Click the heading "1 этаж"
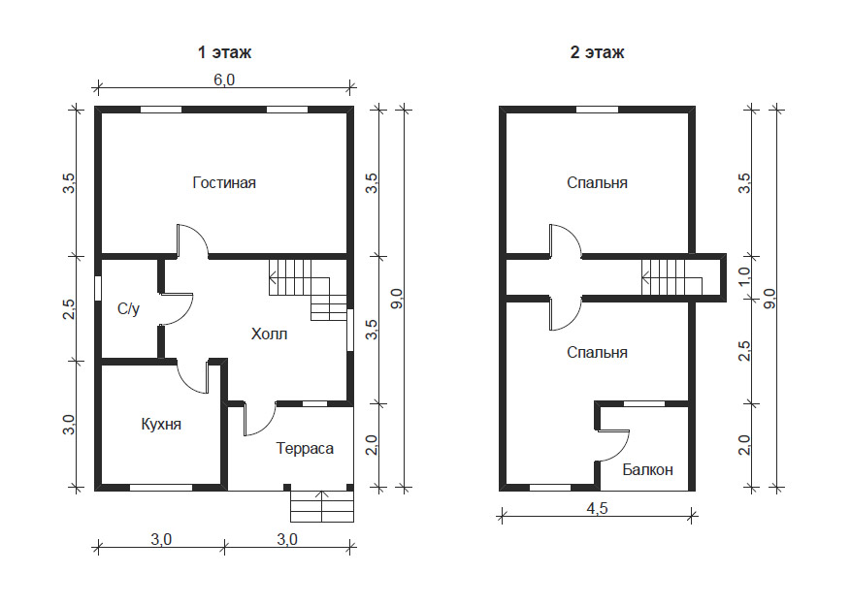224,52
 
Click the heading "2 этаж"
597,52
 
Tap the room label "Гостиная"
224,182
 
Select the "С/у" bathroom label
129,309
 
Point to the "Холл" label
269,334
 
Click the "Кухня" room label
161,424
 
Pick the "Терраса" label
305,448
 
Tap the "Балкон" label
647,469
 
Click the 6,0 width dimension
224,80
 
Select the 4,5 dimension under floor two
597,508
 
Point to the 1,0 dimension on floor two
744,276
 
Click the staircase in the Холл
308,290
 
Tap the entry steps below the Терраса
322,506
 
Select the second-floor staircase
671,277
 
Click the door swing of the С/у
177,309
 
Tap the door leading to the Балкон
613,446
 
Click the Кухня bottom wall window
161,488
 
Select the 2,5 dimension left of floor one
69,309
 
